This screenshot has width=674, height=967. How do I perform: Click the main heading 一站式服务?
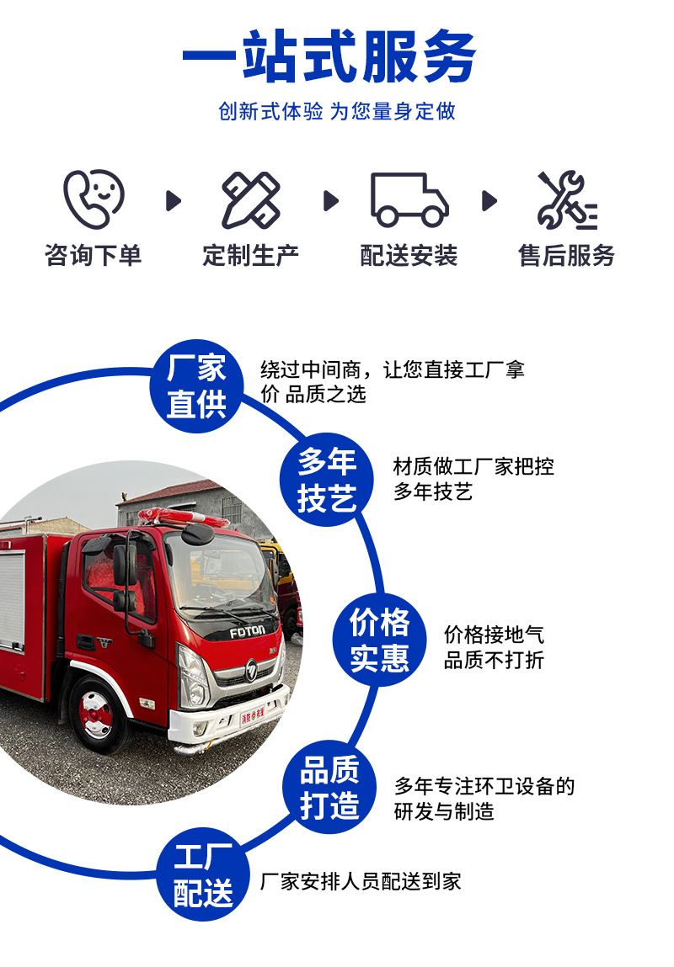pyautogui.click(x=329, y=57)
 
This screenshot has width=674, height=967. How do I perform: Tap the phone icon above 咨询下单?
pyautogui.click(x=94, y=199)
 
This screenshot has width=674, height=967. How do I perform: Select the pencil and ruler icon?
pyautogui.click(x=250, y=200)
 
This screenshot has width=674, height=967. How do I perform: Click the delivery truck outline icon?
pyautogui.click(x=409, y=200)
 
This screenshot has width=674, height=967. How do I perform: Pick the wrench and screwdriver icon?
pyautogui.click(x=566, y=200)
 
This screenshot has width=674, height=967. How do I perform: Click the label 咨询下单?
pyautogui.click(x=94, y=255)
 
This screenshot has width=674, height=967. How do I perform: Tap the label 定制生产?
pyautogui.click(x=250, y=255)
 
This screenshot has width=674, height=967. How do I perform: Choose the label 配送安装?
pyautogui.click(x=409, y=255)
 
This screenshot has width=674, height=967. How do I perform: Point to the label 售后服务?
pyautogui.click(x=566, y=255)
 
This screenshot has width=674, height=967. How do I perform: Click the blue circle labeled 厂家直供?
pyautogui.click(x=196, y=386)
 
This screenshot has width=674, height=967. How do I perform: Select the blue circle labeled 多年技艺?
pyautogui.click(x=327, y=480)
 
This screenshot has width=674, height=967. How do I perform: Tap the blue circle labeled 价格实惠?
pyautogui.click(x=380, y=640)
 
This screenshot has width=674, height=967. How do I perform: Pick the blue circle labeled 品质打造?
pyautogui.click(x=329, y=787)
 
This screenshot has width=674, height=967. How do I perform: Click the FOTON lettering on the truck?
pyautogui.click(x=248, y=630)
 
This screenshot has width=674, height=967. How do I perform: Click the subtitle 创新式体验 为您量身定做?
pyautogui.click(x=337, y=111)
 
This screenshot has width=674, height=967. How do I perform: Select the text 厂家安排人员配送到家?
pyautogui.click(x=361, y=881)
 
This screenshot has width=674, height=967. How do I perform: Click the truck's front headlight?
pyautogui.click(x=193, y=678)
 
